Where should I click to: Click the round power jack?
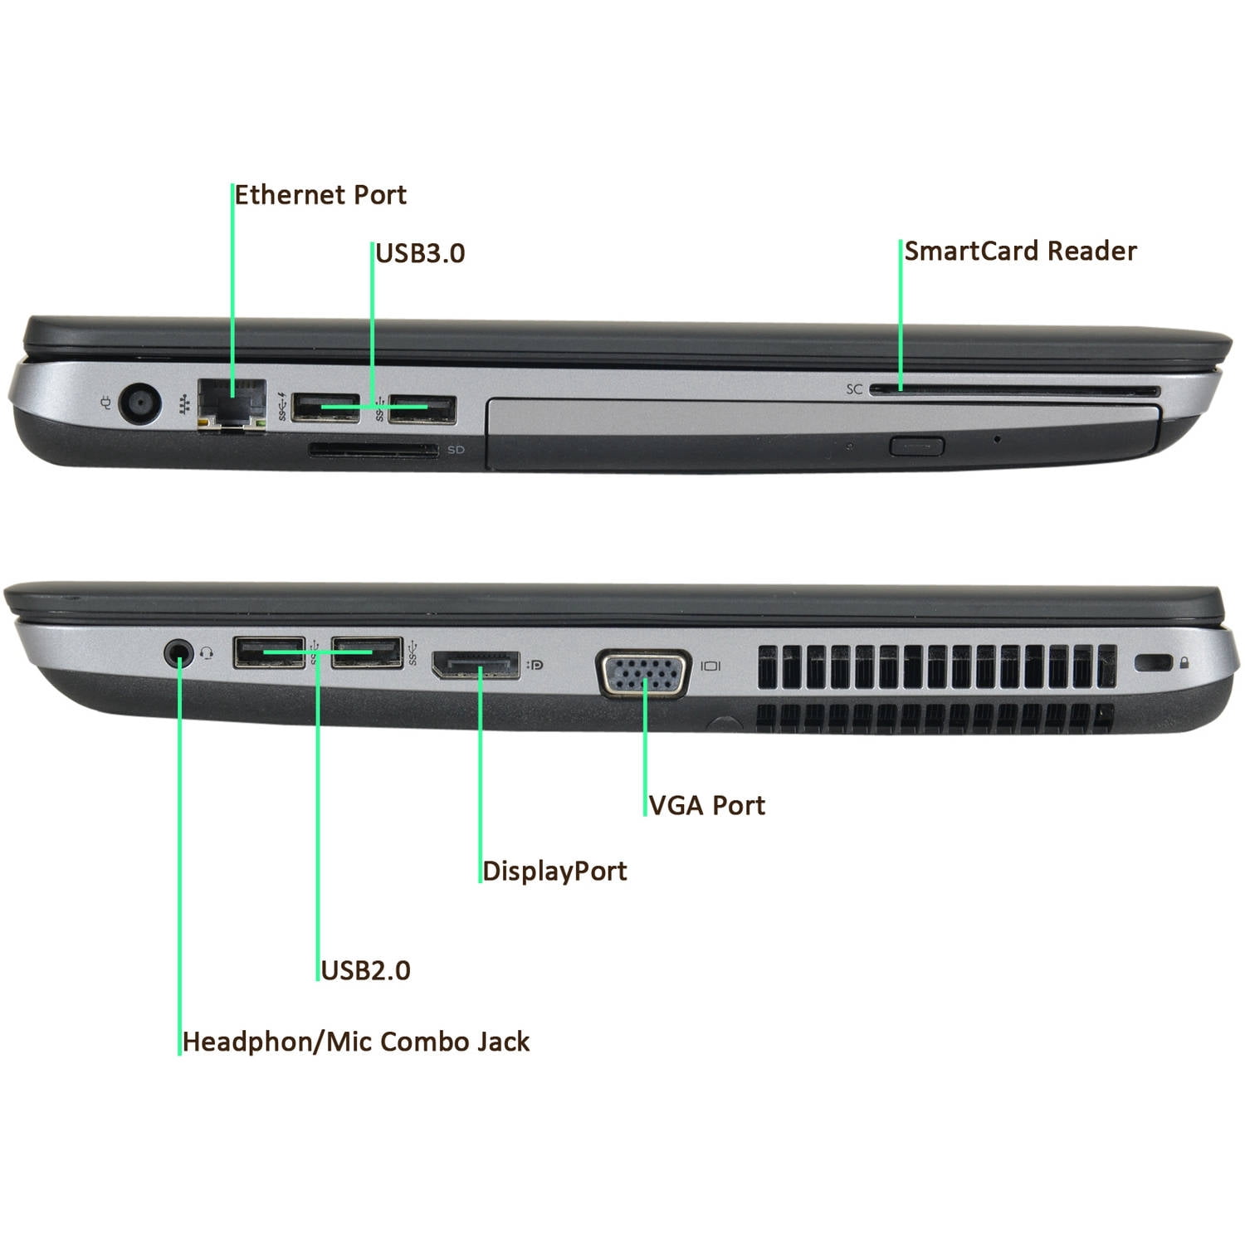coord(139,404)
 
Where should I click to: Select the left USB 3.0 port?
coord(325,408)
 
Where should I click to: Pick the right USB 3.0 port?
coord(422,408)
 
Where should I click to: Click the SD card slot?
coord(373,451)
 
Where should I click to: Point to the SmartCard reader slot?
coord(1013,391)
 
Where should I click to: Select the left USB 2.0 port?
coord(269,652)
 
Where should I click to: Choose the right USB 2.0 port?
coord(366,652)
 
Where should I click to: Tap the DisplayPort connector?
coord(476,665)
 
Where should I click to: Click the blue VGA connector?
coord(644,673)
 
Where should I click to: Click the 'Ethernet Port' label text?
coord(320,195)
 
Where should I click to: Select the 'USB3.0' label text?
coord(420,253)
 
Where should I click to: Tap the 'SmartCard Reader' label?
coord(1020,251)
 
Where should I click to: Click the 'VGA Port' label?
coord(706,806)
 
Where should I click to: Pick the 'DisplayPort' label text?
coord(554,871)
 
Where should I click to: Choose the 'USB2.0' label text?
coord(365,970)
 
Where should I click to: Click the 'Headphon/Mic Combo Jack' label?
coord(355,1042)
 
